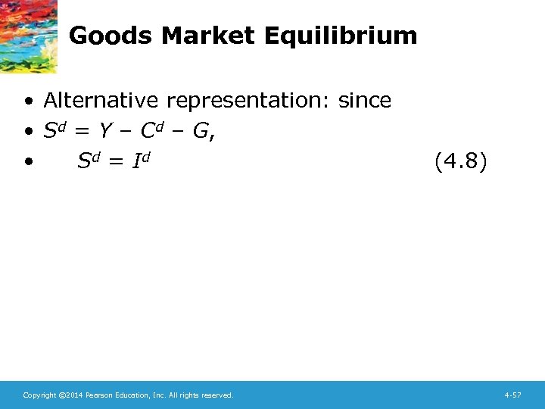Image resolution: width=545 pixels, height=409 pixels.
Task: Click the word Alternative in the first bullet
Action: (x=102, y=100)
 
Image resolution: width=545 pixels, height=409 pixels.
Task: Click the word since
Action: (x=365, y=100)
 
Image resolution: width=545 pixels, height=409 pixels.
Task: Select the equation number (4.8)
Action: (x=462, y=161)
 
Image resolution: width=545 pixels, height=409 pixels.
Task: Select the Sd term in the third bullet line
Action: (x=89, y=160)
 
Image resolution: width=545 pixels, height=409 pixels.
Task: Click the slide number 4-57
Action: (x=512, y=395)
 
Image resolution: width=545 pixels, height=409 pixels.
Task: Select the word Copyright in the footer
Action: (x=39, y=395)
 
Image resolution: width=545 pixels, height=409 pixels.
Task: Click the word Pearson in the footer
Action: (x=98, y=395)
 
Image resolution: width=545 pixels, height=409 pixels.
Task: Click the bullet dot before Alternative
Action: (x=27, y=101)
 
